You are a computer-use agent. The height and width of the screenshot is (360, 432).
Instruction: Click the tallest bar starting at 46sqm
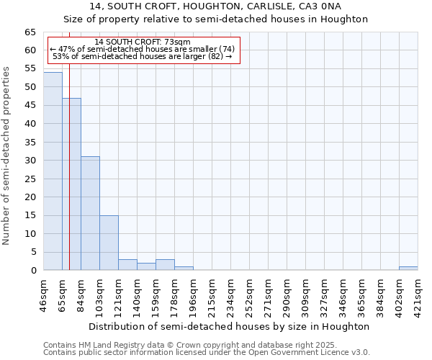coord(53,171)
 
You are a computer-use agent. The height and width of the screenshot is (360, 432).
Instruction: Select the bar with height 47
coord(71,184)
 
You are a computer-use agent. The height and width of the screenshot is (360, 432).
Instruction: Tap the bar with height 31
coord(90,213)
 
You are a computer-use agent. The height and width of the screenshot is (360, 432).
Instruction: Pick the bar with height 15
coord(109,243)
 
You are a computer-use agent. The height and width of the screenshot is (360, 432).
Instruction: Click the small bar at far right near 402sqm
coord(408,269)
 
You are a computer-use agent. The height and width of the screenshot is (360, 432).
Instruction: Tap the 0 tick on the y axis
coord(33,271)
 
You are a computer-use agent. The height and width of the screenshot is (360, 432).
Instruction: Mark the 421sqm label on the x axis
coord(418,294)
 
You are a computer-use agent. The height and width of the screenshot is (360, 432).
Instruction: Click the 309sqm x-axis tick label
coord(306,294)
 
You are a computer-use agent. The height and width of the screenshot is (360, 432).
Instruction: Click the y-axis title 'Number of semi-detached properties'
coord(7,155)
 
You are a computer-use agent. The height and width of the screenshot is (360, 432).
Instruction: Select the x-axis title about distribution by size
coord(230,326)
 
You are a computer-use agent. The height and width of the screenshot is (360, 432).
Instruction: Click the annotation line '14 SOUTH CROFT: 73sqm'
coord(142,42)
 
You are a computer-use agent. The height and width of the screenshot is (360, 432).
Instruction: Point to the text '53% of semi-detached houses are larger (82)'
coord(142,56)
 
